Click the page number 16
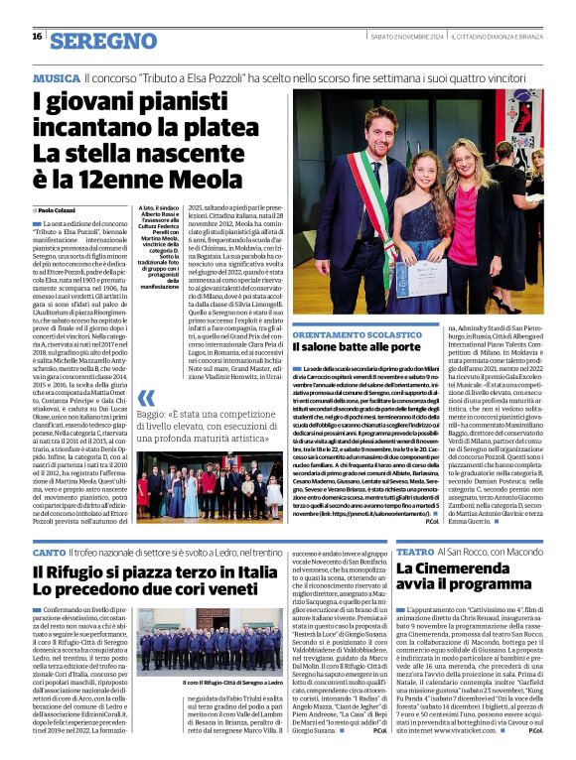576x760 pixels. pos(37,37)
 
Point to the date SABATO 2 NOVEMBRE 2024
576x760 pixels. pos(401,37)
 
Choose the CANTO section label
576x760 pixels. pos(49,552)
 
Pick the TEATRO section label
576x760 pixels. pos(415,552)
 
